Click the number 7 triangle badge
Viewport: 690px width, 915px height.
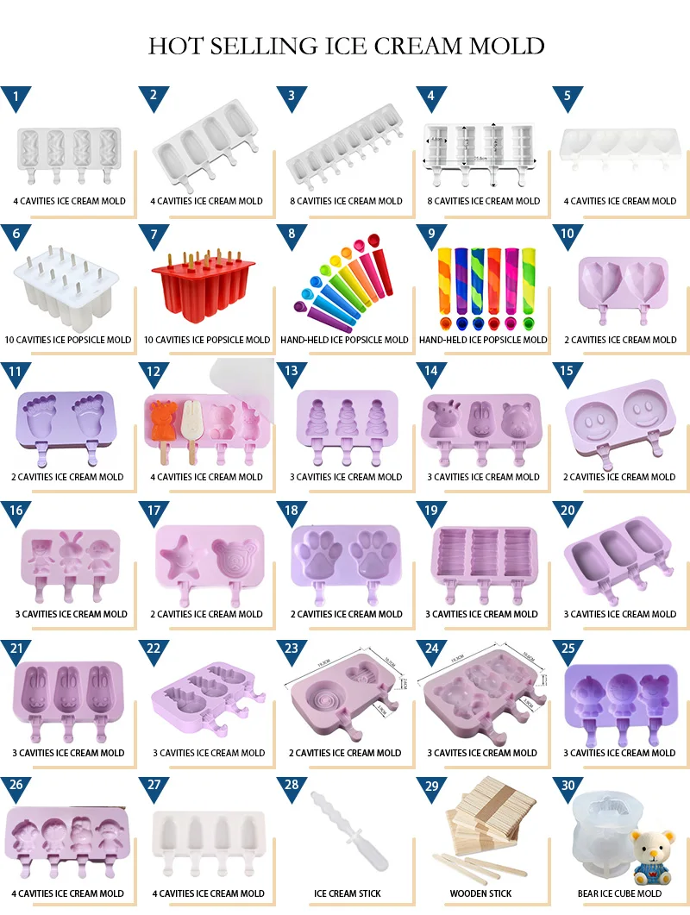point(154,235)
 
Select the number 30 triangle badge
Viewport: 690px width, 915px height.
point(568,786)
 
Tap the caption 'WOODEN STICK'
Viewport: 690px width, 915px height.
point(480,893)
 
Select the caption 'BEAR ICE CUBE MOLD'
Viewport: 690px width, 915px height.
point(619,893)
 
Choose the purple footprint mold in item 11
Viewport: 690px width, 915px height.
point(67,423)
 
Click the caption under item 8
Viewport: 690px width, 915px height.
point(344,340)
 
